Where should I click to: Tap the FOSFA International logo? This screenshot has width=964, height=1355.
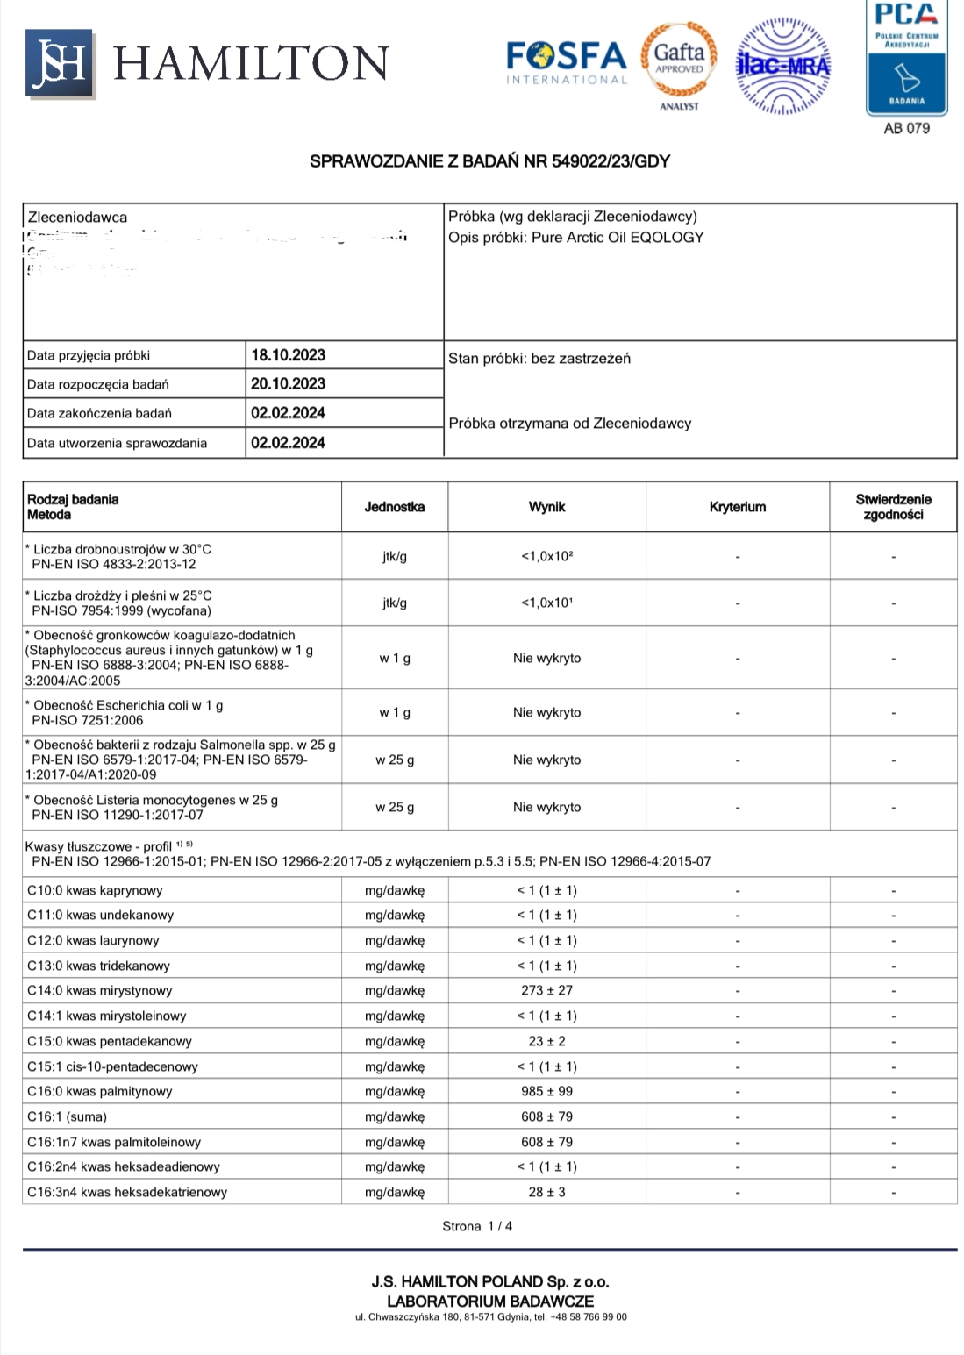[x=567, y=63]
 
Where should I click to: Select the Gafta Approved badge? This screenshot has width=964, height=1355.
[x=680, y=61]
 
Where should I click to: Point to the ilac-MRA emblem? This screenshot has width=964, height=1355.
[x=782, y=66]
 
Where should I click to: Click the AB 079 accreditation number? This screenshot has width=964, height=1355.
[x=906, y=128]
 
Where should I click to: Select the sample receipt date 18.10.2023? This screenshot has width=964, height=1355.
[x=288, y=355]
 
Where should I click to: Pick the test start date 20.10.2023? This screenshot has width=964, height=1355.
[x=288, y=384]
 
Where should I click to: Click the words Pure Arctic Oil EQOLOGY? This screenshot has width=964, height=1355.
[x=618, y=238]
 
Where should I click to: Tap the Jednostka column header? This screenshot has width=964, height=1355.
[x=395, y=507]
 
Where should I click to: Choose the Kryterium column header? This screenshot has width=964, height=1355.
[x=738, y=507]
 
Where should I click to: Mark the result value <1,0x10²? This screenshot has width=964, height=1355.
[x=546, y=556]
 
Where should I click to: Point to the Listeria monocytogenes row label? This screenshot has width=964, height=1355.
[x=155, y=800]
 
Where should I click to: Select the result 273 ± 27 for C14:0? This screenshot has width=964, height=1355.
[x=546, y=990]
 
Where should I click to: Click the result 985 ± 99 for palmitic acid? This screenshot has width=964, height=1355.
[x=546, y=1091]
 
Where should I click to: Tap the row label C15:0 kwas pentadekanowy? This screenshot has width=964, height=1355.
[x=110, y=1041]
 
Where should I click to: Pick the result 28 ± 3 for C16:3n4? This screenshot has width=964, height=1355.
[x=546, y=1192]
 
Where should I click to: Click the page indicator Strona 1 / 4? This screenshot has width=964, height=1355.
[x=477, y=1226]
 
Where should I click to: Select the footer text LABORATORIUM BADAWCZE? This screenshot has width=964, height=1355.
[x=489, y=1301]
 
